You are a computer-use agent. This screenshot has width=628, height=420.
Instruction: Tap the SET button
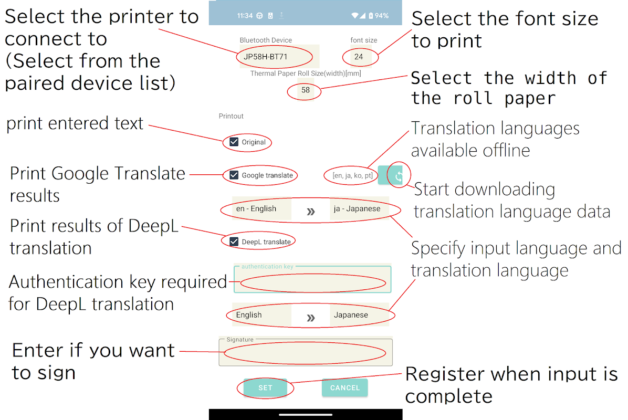pyautogui.click(x=265, y=388)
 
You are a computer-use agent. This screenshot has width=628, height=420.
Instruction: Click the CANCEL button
pyautogui.click(x=344, y=388)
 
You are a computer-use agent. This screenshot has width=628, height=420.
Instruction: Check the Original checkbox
pyautogui.click(x=234, y=142)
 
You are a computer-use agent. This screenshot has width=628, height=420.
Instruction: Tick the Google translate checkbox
pyautogui.click(x=234, y=175)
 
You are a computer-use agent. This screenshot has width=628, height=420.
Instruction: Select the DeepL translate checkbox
pyautogui.click(x=234, y=241)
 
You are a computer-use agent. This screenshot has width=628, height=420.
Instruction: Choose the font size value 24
pyautogui.click(x=359, y=57)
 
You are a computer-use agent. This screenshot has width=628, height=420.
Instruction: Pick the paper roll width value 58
pyautogui.click(x=306, y=90)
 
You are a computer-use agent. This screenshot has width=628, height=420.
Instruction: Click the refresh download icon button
pyautogui.click(x=398, y=175)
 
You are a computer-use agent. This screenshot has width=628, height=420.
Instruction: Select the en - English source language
pyautogui.click(x=256, y=208)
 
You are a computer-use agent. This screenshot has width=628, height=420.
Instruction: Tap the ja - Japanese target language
pyautogui.click(x=357, y=208)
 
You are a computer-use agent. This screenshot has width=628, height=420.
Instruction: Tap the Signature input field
pyautogui.click(x=306, y=352)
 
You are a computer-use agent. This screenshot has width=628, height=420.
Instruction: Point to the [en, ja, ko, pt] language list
pyautogui.click(x=353, y=176)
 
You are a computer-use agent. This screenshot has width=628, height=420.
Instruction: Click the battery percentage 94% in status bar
pyautogui.click(x=382, y=16)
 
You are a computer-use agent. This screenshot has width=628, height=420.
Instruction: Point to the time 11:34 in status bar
pyautogui.click(x=245, y=16)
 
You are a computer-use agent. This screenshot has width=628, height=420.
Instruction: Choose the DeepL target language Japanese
pyautogui.click(x=351, y=315)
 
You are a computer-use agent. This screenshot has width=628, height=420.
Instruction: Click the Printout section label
pyautogui.click(x=231, y=116)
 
